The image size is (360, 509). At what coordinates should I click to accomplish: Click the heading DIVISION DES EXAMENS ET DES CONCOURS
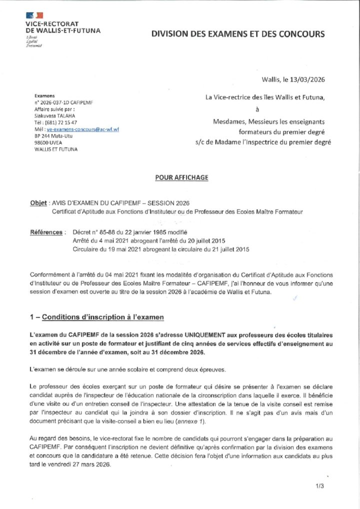[238, 34]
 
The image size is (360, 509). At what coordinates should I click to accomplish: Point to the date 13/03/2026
[307, 79]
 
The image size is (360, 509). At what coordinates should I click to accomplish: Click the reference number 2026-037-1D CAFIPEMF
[66, 102]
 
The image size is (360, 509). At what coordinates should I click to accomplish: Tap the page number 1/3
[320, 485]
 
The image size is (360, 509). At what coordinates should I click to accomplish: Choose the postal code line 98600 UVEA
[47, 142]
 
